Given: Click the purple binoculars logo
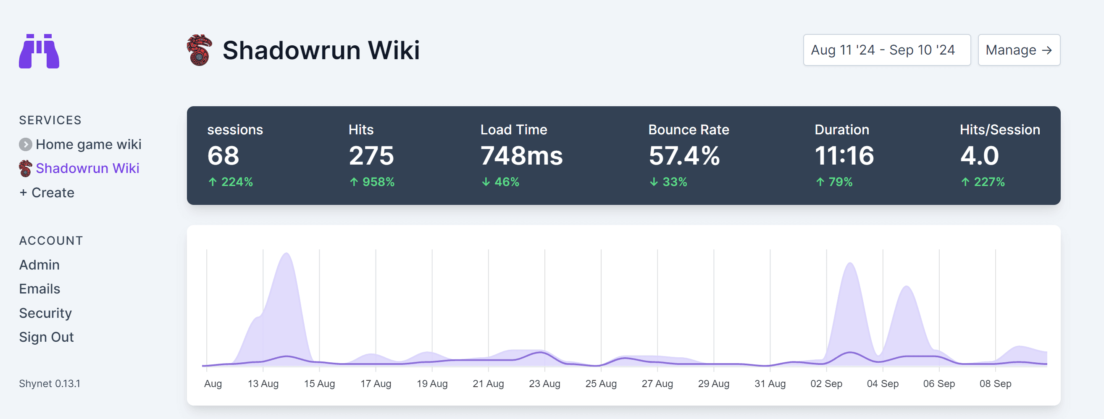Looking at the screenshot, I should point(39,51).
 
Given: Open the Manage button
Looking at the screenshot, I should point(1019,50).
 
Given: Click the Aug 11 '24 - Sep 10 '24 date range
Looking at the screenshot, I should point(886,50).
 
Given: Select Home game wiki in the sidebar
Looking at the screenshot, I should point(88,144).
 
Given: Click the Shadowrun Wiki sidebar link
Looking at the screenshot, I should point(87,168).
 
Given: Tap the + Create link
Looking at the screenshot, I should point(47,193).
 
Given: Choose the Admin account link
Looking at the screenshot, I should point(39,265).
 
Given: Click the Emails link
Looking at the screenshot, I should point(40,289).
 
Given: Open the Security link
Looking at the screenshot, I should point(45,313).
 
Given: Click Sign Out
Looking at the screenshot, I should point(46,337).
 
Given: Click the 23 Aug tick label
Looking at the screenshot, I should point(544,384).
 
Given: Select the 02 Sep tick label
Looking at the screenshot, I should point(826,384).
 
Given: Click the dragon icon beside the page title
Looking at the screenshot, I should point(200,50).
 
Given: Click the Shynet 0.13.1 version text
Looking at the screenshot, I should point(50,384).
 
